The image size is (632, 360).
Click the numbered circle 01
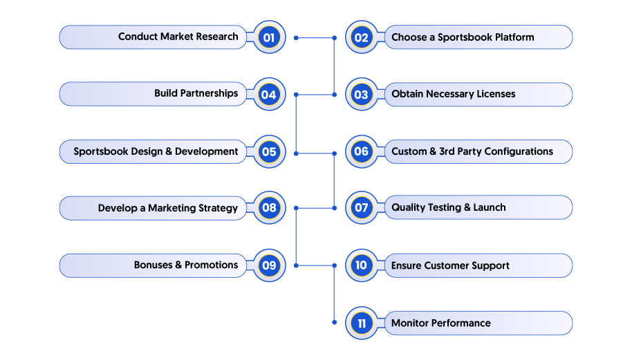269,37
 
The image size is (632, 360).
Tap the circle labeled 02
362,37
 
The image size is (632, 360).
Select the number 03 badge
362,95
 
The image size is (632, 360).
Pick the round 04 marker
269,95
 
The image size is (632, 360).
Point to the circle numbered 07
362,208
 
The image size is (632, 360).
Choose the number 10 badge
362,265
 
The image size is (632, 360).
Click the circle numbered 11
362,323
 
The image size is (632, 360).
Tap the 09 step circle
269,265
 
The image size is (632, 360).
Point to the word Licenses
496,94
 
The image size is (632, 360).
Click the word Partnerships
209,94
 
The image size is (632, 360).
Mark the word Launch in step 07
490,207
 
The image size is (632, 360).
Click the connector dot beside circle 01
296,38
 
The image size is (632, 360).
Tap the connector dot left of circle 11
334,322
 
